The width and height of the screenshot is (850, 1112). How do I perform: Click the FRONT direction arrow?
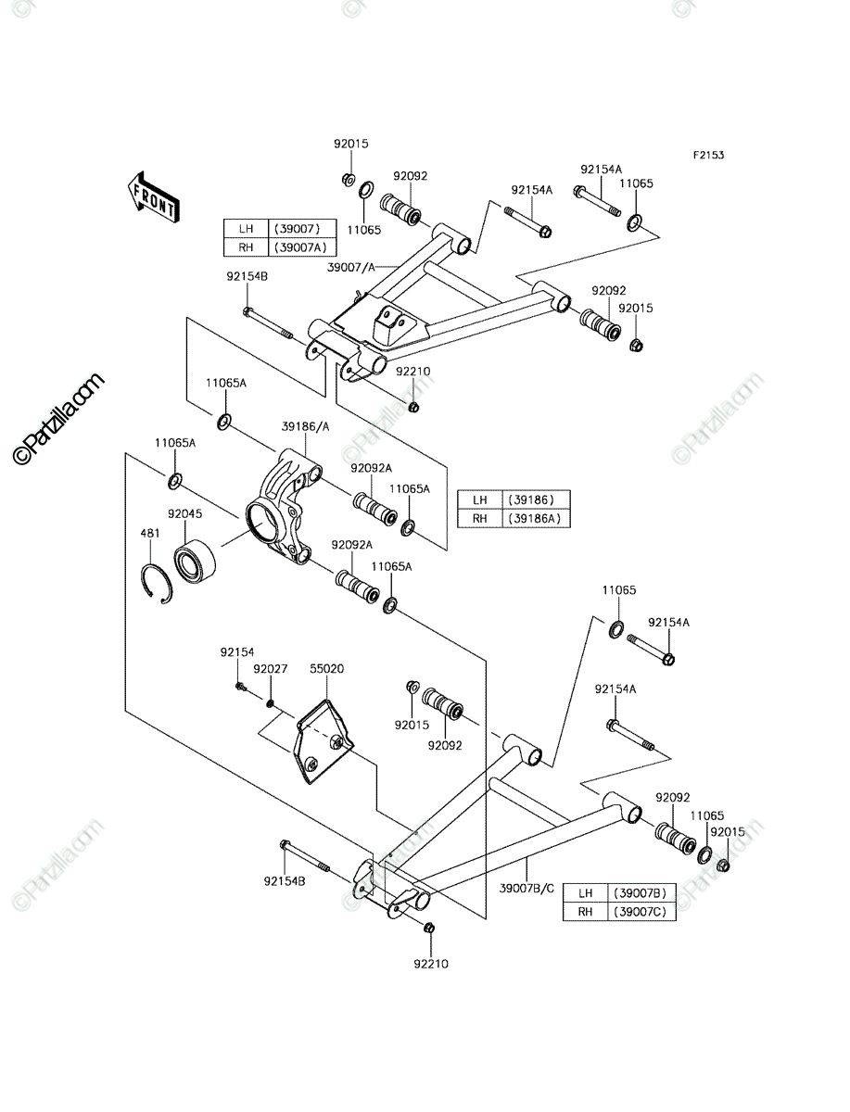coord(153,197)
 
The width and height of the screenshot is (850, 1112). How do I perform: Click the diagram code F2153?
coord(708,155)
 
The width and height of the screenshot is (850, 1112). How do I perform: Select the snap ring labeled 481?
coord(157,584)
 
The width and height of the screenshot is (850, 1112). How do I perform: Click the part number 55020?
coord(326,669)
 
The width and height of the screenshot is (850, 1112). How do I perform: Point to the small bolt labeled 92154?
coord(241,687)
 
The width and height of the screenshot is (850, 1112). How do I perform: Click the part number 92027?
coord(271,669)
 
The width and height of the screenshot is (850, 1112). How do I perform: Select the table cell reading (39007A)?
coord(301,247)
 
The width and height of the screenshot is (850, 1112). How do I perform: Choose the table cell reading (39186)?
coord(536,499)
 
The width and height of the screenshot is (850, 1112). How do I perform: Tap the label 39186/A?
coord(306,426)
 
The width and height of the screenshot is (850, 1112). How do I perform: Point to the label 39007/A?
coord(351,267)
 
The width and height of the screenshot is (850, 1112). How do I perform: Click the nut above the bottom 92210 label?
coord(428,927)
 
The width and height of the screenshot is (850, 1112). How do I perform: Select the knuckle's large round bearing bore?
coord(261,520)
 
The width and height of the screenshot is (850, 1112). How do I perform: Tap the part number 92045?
coord(184,513)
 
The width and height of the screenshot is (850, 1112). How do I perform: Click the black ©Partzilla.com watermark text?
coord(57,419)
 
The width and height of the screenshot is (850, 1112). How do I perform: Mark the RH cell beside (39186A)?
coord(480,518)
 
